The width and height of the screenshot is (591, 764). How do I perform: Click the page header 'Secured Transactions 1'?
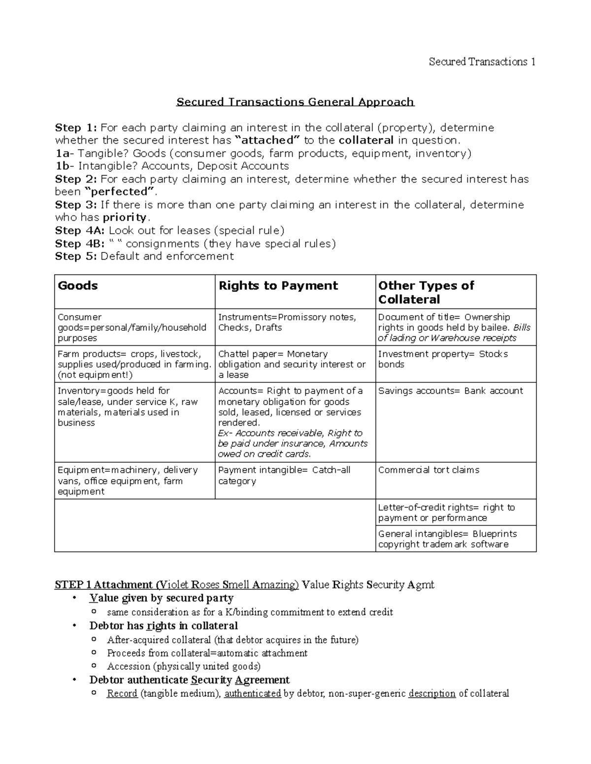click(x=482, y=61)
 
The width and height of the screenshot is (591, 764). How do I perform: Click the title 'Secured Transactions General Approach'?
click(x=295, y=102)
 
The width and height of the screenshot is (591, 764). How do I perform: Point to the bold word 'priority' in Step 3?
click(x=125, y=217)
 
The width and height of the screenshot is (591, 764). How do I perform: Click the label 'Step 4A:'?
click(x=80, y=230)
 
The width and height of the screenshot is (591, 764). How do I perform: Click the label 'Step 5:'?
click(x=76, y=256)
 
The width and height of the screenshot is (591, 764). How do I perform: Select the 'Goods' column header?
click(x=78, y=286)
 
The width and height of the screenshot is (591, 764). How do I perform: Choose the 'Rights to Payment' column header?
click(x=278, y=286)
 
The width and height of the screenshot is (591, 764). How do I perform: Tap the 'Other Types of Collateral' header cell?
click(x=426, y=292)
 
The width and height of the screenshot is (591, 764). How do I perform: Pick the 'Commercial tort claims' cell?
click(x=428, y=470)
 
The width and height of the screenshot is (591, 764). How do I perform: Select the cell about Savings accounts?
click(x=450, y=391)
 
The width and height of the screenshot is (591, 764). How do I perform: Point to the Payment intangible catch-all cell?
click(x=284, y=475)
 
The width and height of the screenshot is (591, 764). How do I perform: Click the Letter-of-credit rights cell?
click(x=446, y=512)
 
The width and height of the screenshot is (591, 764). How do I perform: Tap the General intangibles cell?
click(x=447, y=539)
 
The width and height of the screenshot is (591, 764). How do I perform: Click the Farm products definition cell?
click(x=134, y=364)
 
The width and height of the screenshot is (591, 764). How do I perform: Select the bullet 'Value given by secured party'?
click(x=161, y=598)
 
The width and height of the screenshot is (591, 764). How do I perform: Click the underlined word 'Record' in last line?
click(x=122, y=694)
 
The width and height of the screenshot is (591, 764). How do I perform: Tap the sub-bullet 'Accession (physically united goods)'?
click(x=184, y=667)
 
